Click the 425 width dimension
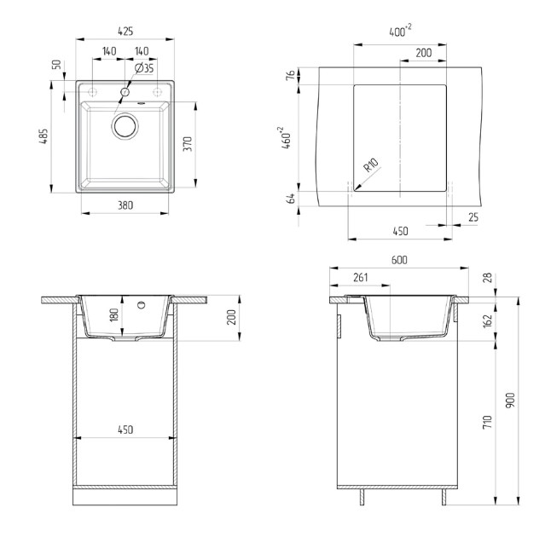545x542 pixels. pyautogui.click(x=125, y=32)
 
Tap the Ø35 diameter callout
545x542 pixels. pyautogui.click(x=144, y=68)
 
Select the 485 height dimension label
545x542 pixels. pyautogui.click(x=43, y=136)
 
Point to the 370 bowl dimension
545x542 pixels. pyautogui.click(x=188, y=144)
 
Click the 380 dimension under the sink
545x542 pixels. pyautogui.click(x=125, y=205)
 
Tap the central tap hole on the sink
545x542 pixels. pyautogui.click(x=125, y=92)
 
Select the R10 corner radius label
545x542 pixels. pyautogui.click(x=371, y=165)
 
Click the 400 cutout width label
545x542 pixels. pyautogui.click(x=400, y=31)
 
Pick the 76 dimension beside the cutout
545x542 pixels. pyautogui.click(x=291, y=75)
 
